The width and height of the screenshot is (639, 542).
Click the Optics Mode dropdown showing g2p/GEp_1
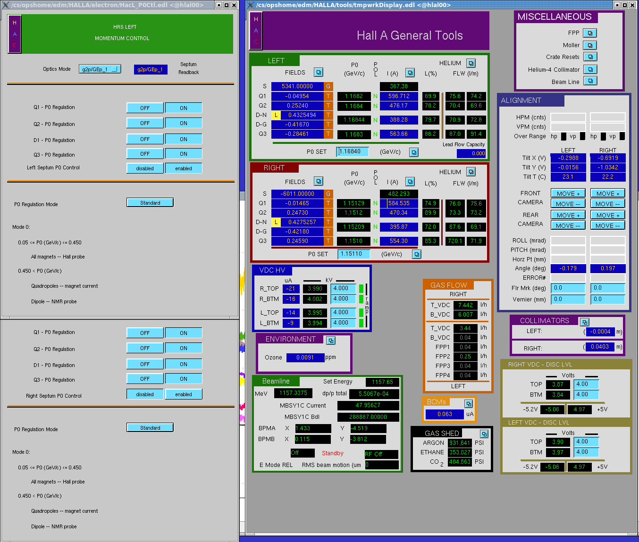click(100, 69)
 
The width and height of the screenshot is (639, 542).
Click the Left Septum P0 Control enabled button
click(184, 168)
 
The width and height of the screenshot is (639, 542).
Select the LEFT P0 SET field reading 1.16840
click(353, 151)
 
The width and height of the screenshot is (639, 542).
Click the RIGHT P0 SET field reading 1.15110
click(353, 254)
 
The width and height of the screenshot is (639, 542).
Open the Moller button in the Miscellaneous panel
click(590, 45)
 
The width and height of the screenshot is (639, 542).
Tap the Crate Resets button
click(590, 57)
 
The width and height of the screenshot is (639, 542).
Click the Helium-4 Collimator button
click(590, 69)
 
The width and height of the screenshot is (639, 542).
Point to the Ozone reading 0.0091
click(305, 358)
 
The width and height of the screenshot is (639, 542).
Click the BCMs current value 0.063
click(445, 414)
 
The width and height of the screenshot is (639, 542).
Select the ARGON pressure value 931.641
click(460, 443)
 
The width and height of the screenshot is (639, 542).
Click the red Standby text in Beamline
click(332, 453)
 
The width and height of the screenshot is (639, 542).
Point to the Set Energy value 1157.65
click(382, 382)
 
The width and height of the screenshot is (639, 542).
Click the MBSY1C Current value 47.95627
click(368, 405)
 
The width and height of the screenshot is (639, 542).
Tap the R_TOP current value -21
click(291, 289)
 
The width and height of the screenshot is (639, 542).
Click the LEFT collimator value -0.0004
click(600, 332)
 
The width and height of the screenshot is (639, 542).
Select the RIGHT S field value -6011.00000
click(297, 194)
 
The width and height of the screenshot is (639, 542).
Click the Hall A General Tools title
click(410, 35)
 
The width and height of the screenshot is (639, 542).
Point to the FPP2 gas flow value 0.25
click(465, 356)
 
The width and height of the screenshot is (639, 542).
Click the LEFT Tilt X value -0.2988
click(568, 158)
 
